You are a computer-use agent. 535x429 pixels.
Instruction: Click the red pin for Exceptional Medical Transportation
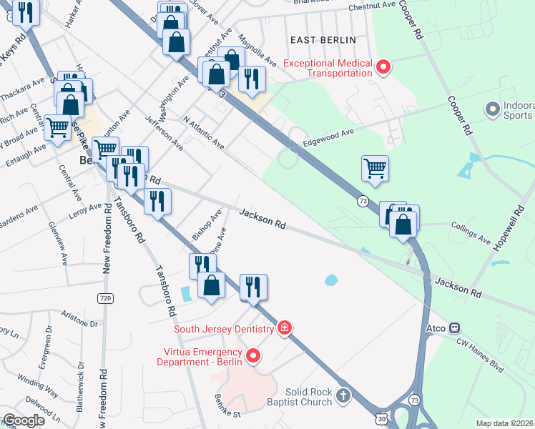point(383,68)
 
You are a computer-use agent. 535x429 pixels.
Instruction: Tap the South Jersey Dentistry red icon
point(285,328)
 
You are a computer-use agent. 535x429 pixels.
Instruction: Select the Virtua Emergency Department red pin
point(252,355)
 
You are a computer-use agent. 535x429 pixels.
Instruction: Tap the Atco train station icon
point(453,328)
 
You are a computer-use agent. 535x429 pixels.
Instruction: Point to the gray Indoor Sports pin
point(491,109)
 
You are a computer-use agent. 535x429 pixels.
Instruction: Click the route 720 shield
point(104,297)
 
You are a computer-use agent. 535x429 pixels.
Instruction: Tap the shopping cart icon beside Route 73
point(375,169)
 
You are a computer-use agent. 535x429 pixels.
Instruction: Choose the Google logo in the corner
point(24,420)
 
